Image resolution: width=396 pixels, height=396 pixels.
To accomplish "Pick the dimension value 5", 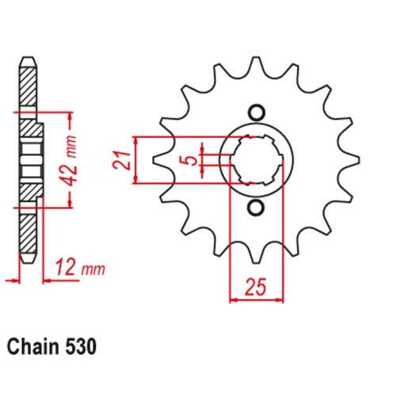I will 187,161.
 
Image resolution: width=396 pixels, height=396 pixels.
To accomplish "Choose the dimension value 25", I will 256,284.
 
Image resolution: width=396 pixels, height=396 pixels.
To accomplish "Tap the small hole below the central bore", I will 257,208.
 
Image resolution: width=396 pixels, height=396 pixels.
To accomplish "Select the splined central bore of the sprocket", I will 257,160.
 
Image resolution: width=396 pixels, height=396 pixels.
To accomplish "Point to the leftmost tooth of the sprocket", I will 158,160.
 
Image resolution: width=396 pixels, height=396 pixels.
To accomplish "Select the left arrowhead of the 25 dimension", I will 233,300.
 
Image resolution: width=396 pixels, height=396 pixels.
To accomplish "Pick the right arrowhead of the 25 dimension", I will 280,300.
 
